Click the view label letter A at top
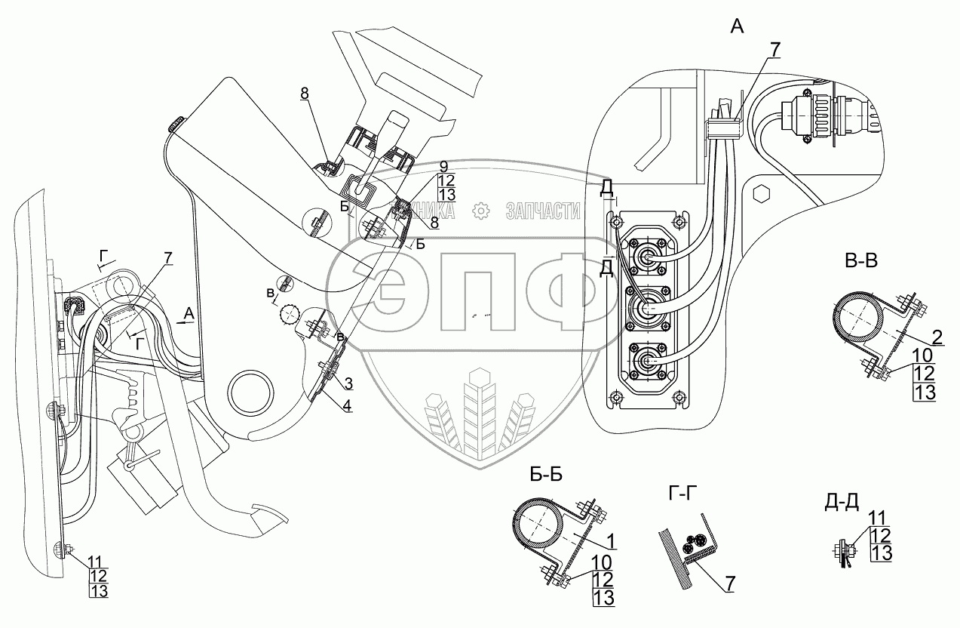tap(737, 28)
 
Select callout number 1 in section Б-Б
tap(610, 541)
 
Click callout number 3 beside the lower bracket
tap(348, 381)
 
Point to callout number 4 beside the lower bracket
tap(348, 405)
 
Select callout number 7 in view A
tap(774, 50)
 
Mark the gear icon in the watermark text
tap(480, 212)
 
